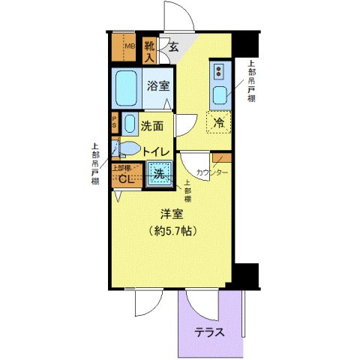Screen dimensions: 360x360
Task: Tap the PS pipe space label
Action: (115, 122)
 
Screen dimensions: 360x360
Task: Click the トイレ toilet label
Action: (157, 150)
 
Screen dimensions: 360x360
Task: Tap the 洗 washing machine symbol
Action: (159, 174)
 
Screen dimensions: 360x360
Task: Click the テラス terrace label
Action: (210, 332)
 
